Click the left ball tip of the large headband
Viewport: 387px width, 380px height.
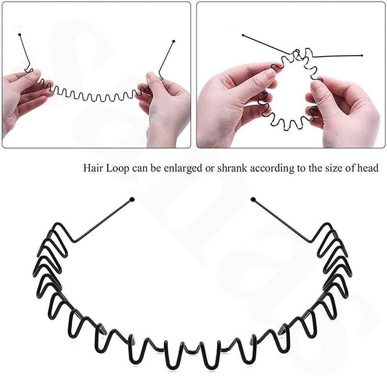point(132,200)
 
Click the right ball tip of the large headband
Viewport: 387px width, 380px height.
point(253,200)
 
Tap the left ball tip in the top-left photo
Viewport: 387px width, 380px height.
point(20,35)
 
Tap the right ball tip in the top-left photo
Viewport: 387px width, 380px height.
point(173,41)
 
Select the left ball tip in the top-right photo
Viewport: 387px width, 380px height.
point(243,36)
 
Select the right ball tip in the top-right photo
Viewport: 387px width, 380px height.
point(362,56)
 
